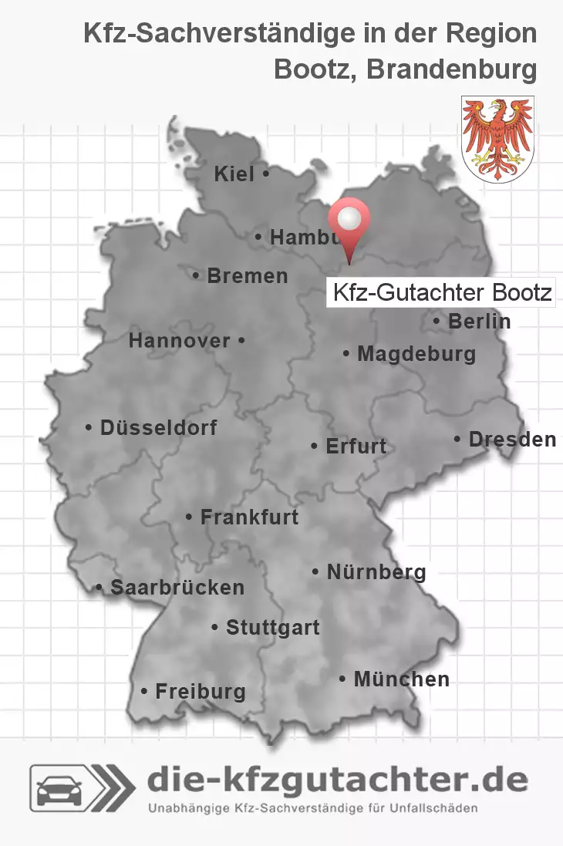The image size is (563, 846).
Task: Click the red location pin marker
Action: click(x=349, y=224)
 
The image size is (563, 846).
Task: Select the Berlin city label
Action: click(x=479, y=321)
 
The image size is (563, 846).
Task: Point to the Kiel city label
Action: click(x=234, y=174)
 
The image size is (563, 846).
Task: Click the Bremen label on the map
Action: click(x=247, y=275)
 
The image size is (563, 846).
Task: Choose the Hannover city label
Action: click(x=180, y=340)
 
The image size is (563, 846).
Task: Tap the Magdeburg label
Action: click(x=416, y=354)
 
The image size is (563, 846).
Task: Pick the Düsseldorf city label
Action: click(x=158, y=427)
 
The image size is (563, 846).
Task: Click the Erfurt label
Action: click(x=356, y=446)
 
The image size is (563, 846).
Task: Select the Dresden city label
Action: click(x=511, y=439)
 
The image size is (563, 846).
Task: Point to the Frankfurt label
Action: click(x=248, y=517)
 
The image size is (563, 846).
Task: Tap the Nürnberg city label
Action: click(x=376, y=571)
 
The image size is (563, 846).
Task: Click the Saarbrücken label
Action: click(x=177, y=588)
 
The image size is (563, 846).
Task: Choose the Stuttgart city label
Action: click(x=272, y=628)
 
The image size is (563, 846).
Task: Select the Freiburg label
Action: click(x=200, y=691)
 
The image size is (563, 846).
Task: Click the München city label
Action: click(x=401, y=679)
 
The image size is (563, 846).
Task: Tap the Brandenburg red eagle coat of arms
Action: click(x=497, y=139)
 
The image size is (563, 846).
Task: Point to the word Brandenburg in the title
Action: click(x=451, y=69)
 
